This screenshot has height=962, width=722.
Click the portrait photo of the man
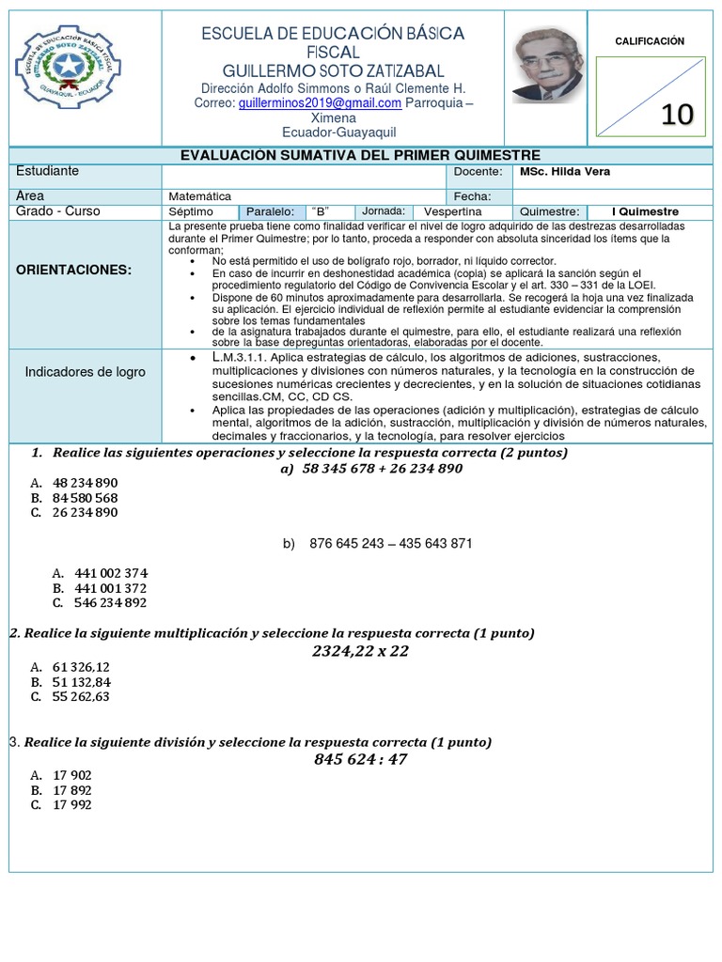click(547, 65)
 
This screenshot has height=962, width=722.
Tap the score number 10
click(677, 114)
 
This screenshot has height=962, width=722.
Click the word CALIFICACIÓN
click(650, 41)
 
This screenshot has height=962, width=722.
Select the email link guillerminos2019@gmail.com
click(320, 102)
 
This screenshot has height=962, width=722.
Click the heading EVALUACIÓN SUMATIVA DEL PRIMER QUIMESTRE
click(360, 155)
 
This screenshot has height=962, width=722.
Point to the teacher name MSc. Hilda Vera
click(564, 172)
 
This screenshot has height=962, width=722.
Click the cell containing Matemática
click(200, 196)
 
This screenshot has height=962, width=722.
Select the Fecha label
click(473, 196)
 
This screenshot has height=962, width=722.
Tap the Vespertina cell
click(452, 212)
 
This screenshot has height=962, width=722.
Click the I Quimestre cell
click(645, 212)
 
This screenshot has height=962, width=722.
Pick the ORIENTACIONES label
click(74, 270)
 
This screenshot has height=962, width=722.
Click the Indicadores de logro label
click(86, 372)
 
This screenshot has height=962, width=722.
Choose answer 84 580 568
click(86, 498)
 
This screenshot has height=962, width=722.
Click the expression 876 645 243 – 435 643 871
click(390, 544)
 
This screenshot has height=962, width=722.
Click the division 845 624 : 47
click(360, 759)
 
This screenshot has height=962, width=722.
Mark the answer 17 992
click(73, 805)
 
